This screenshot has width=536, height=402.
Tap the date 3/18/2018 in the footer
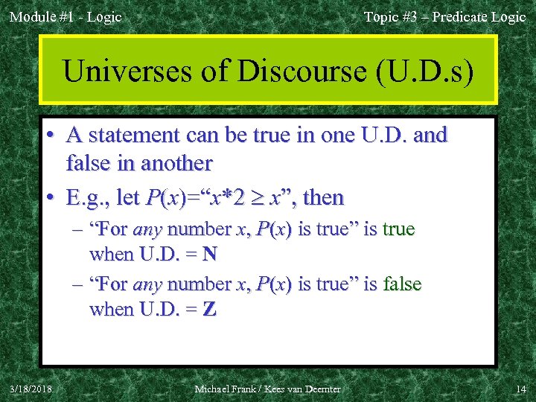click(x=31, y=389)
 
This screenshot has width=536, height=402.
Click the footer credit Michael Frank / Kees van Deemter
click(x=267, y=389)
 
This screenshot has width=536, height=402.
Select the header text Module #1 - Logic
click(x=66, y=16)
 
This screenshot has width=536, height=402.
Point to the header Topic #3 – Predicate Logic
click(x=444, y=16)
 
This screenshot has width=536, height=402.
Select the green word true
click(x=399, y=229)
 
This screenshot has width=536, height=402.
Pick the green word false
click(x=402, y=284)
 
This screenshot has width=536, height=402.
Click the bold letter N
click(x=209, y=254)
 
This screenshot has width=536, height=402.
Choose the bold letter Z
click(x=209, y=309)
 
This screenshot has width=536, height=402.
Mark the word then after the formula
click(x=324, y=198)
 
